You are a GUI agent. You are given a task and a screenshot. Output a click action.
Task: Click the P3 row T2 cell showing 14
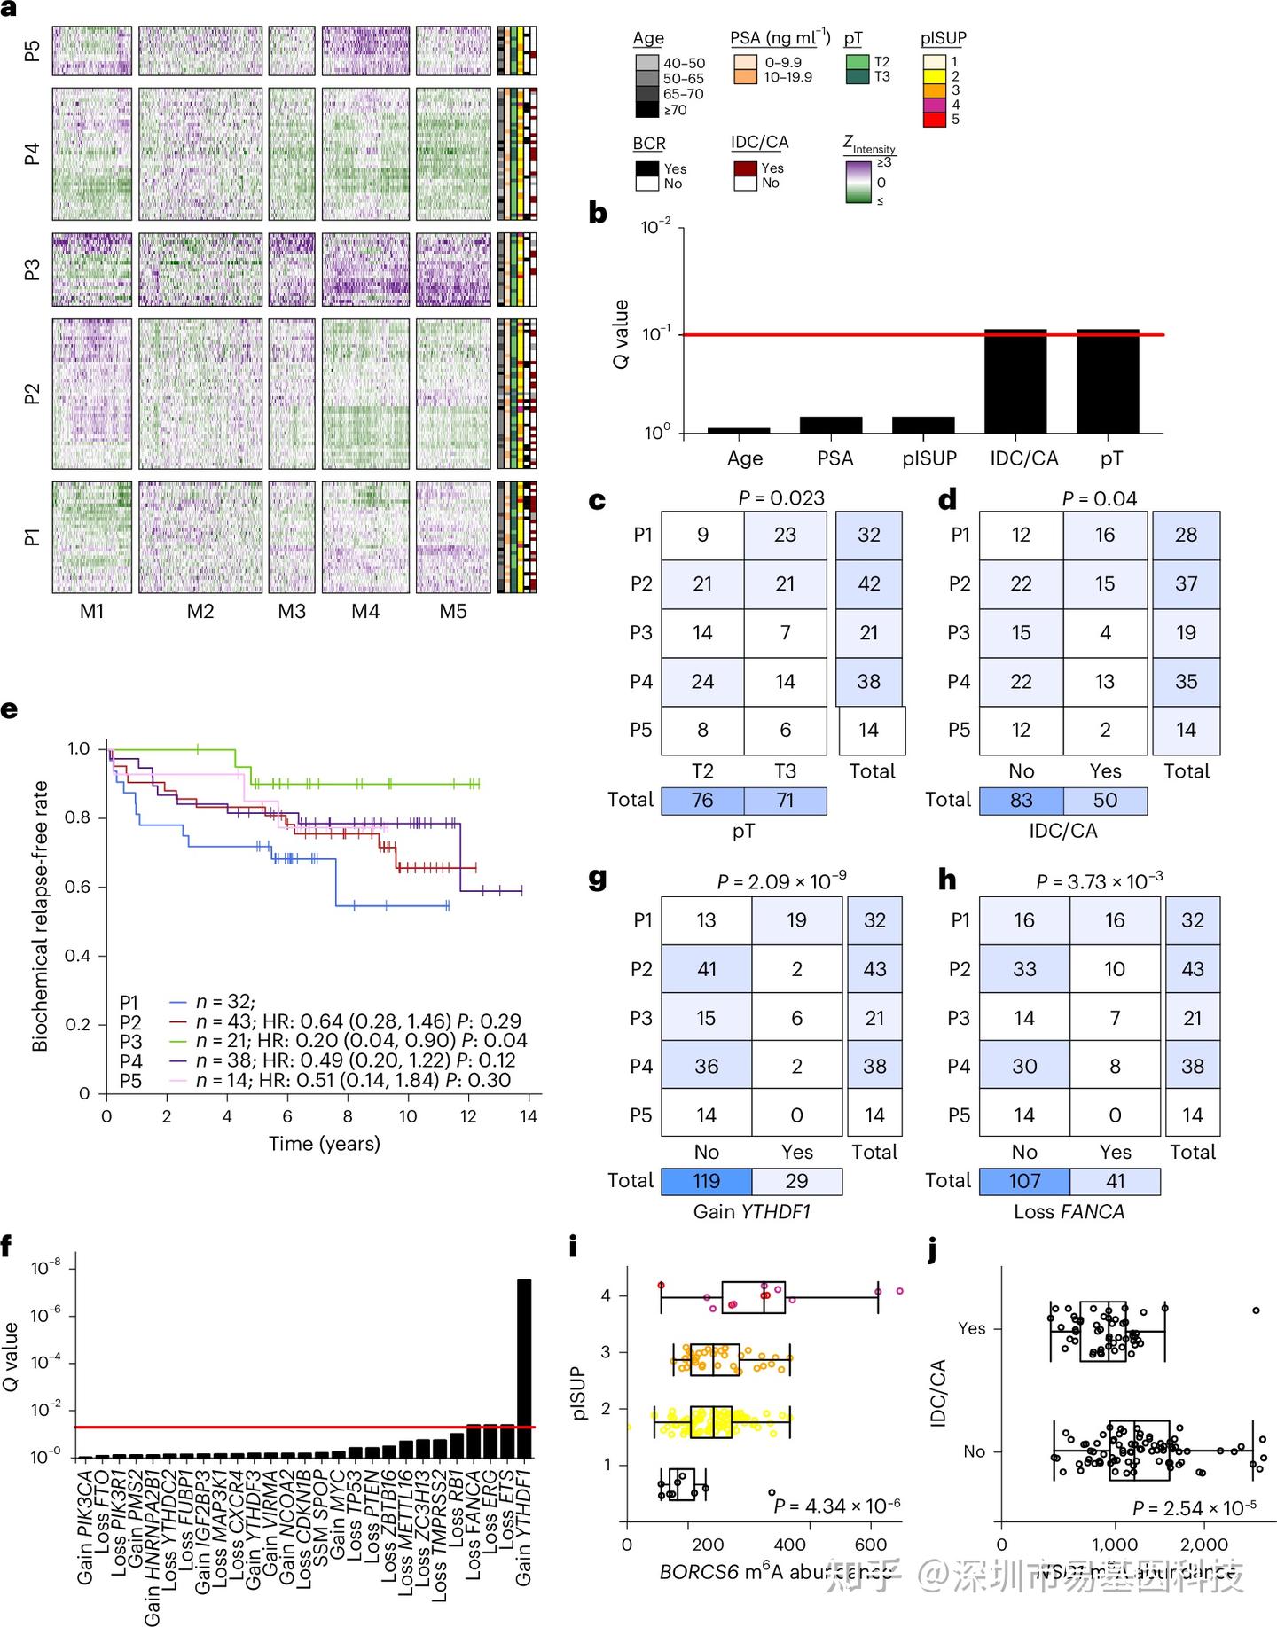(702, 633)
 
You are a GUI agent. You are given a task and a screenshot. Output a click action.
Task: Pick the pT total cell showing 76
(702, 801)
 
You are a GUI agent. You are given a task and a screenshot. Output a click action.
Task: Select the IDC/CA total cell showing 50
(1105, 801)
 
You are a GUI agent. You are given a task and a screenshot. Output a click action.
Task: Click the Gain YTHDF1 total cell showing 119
(706, 1181)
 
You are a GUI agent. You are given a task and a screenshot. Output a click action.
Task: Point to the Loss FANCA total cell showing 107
(1024, 1181)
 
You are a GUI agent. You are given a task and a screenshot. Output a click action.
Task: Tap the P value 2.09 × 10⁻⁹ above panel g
(781, 880)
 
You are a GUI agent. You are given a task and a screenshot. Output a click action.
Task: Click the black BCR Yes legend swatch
(646, 168)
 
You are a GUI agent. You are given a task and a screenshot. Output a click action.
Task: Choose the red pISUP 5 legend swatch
(934, 120)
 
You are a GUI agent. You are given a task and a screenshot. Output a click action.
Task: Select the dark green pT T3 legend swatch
(857, 77)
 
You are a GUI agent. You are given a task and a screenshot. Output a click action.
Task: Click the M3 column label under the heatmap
(292, 611)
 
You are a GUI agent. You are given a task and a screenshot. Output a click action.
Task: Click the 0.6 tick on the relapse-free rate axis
(79, 887)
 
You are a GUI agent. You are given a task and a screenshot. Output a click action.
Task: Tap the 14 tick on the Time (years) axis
(529, 1116)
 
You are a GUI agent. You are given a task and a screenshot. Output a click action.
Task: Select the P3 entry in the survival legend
(130, 1041)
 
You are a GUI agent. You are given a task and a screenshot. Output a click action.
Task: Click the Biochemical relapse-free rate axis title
(40, 916)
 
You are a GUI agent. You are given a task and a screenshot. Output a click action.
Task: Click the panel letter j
(932, 1250)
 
